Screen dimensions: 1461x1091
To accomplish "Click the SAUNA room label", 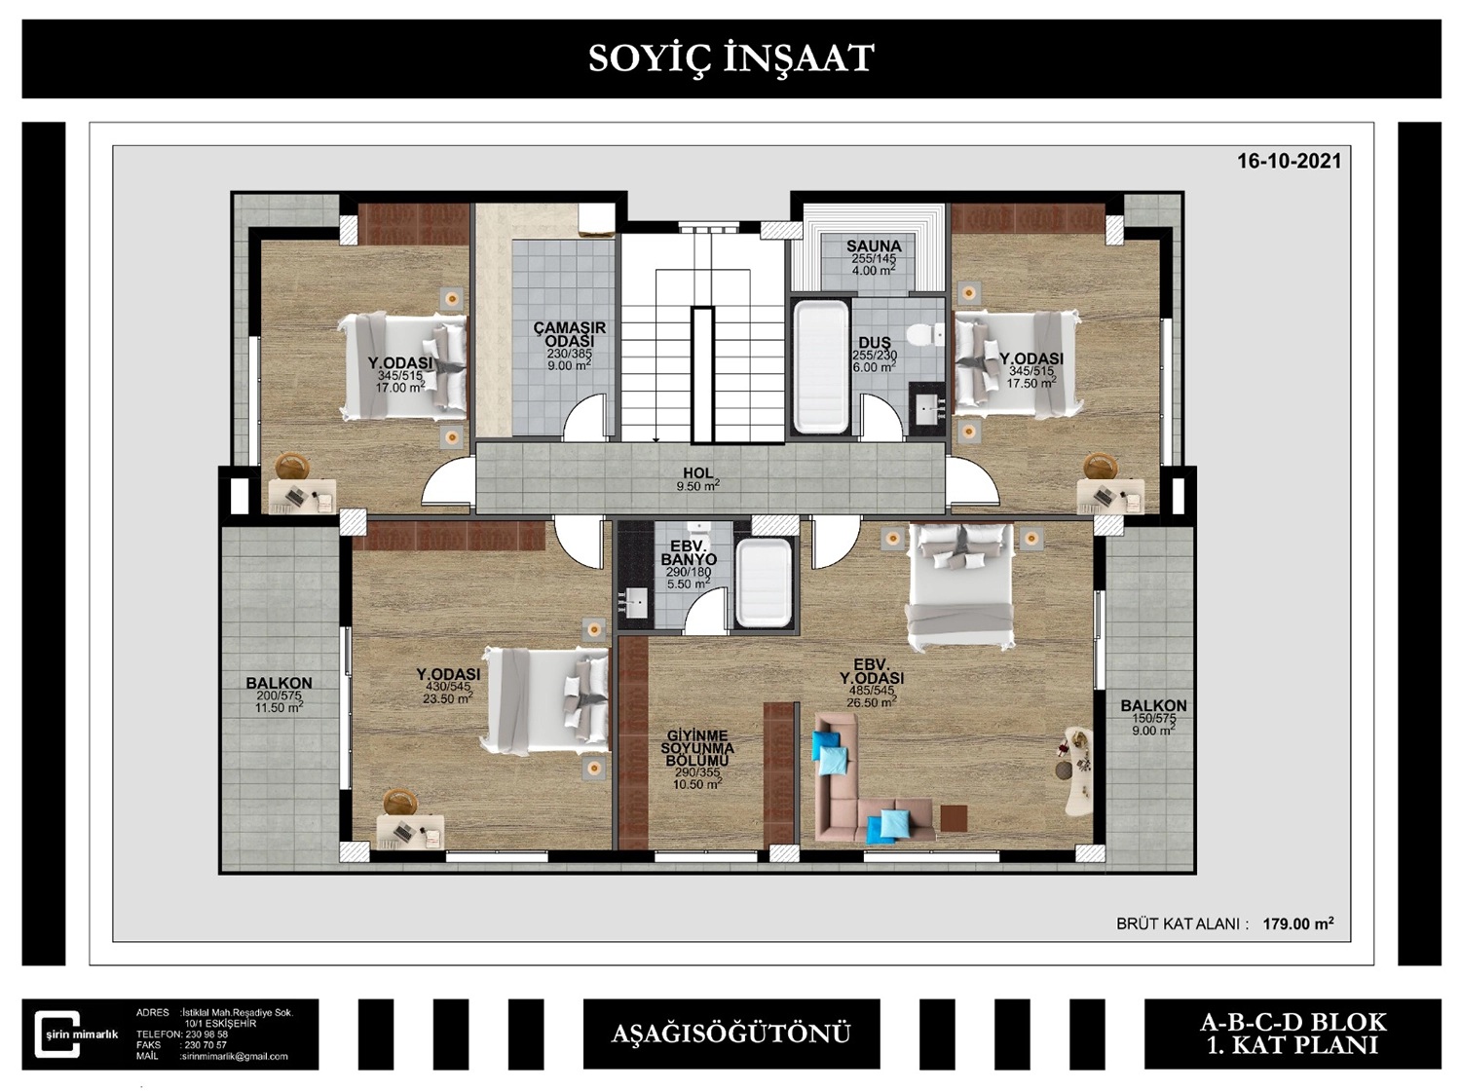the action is click(874, 246).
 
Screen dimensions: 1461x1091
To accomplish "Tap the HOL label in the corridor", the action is click(698, 472).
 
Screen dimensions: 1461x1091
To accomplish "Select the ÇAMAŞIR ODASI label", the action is click(569, 334).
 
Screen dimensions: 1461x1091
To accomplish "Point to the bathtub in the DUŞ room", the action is click(821, 367).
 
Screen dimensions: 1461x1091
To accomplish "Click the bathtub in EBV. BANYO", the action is click(765, 583).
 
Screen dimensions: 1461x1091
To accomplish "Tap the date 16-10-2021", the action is click(1290, 161).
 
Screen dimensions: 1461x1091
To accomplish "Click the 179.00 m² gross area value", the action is click(1298, 923).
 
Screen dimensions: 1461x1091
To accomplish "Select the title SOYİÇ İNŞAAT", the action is click(730, 57).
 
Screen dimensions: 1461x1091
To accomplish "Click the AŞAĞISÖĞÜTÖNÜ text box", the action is click(731, 1034).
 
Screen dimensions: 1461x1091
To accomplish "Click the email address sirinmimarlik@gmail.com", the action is click(235, 1056).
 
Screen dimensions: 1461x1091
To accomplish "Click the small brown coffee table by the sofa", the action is click(954, 818).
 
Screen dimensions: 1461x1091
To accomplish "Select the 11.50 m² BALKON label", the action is click(279, 695).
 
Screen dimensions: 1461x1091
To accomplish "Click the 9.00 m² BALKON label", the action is click(1153, 717).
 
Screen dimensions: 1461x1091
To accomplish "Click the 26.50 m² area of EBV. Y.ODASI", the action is click(872, 702).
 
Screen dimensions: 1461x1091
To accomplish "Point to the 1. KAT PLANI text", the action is click(1292, 1046).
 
